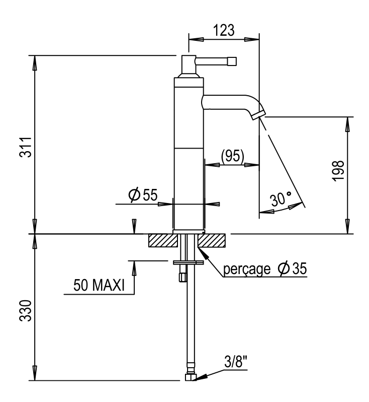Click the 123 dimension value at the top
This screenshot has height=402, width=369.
(x=223, y=30)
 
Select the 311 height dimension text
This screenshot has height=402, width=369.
(x=26, y=147)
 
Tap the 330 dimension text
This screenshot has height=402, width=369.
(x=26, y=310)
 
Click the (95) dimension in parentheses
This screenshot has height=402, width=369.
(x=233, y=156)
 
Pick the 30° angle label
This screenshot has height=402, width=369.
(x=281, y=198)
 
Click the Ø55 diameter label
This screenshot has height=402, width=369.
(x=143, y=195)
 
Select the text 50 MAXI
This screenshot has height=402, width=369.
(x=99, y=285)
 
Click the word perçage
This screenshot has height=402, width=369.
(x=247, y=269)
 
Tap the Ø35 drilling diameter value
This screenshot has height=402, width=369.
(x=292, y=269)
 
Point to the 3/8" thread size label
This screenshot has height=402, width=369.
(x=236, y=362)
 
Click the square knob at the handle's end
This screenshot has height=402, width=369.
(x=232, y=61)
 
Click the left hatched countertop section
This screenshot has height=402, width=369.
(x=163, y=240)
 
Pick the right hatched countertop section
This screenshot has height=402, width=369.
(x=211, y=240)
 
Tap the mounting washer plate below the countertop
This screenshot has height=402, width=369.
(x=189, y=262)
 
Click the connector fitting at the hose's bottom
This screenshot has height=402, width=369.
(x=191, y=377)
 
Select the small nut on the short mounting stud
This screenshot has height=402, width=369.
(x=182, y=278)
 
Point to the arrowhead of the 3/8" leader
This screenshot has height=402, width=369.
(x=202, y=377)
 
